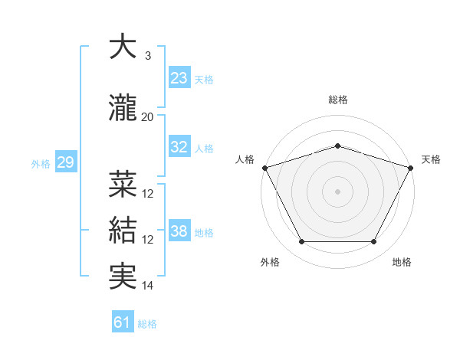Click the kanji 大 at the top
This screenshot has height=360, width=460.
(x=122, y=47)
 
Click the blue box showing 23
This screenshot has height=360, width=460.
(x=179, y=77)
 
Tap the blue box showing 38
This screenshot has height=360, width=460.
(x=179, y=231)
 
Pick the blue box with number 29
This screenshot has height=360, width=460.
(x=64, y=162)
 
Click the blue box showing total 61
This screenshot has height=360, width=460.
(x=123, y=322)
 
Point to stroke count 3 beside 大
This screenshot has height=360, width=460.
(x=147, y=57)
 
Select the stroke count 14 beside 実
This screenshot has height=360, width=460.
(x=148, y=286)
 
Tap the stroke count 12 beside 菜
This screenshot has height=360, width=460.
(x=148, y=194)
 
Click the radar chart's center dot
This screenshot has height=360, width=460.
(x=337, y=191)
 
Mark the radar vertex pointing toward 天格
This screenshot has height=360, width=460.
(x=412, y=167)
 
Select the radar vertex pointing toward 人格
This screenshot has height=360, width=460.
(x=264, y=167)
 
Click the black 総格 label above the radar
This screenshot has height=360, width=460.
(x=337, y=100)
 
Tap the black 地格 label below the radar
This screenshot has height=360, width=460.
(x=401, y=263)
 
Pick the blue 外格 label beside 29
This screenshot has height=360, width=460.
(x=40, y=163)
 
